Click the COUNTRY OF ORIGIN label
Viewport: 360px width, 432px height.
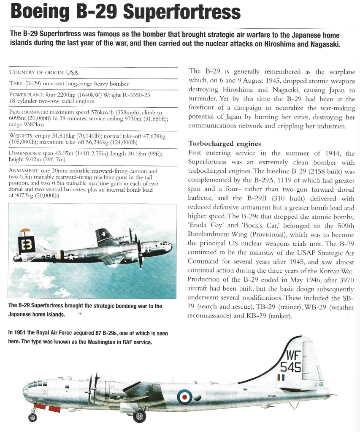(x=36, y=72)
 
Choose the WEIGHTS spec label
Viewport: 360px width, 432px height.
(x=21, y=136)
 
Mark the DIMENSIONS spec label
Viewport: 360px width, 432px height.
(x=25, y=154)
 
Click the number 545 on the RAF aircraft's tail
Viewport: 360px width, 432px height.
(x=292, y=367)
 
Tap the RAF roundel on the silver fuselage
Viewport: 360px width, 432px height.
(x=184, y=396)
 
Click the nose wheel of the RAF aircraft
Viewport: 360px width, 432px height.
(x=32, y=418)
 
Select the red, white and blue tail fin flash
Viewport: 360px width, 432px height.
(x=281, y=377)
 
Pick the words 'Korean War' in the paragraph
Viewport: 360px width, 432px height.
(x=336, y=270)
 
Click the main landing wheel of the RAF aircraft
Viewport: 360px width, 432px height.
(x=140, y=417)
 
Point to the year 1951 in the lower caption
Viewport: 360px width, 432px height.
(x=21, y=333)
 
